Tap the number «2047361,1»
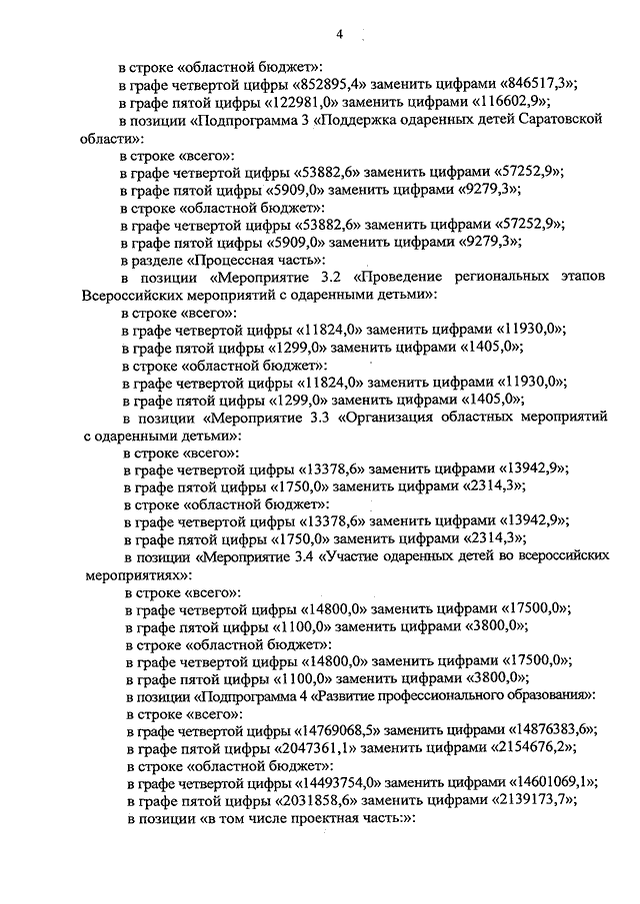(x=314, y=749)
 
